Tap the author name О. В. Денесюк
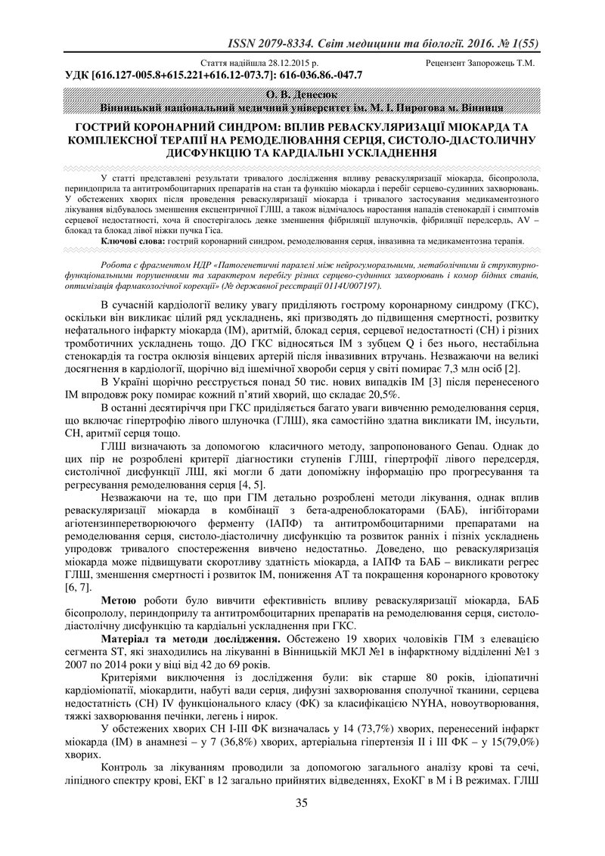(x=302, y=95)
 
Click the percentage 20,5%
(x=388, y=395)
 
